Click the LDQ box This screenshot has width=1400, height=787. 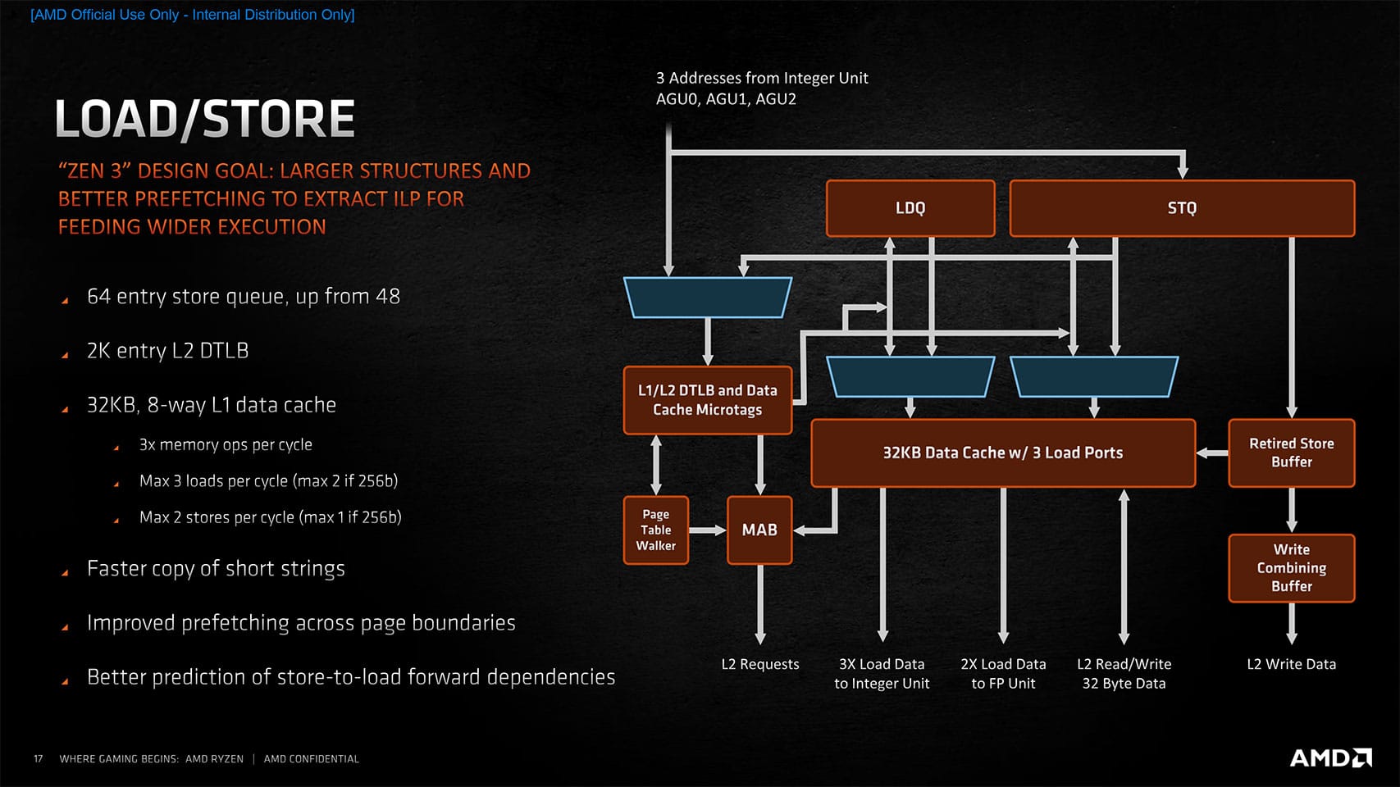(x=910, y=208)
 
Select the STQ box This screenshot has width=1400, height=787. (x=1181, y=208)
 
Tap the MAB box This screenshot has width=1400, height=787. (x=759, y=530)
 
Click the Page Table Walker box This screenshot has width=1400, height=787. (x=655, y=530)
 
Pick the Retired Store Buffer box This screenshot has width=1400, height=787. (x=1291, y=453)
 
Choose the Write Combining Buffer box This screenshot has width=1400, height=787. (x=1291, y=568)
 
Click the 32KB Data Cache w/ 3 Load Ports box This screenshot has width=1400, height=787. (x=1002, y=453)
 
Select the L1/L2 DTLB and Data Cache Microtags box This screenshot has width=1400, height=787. (x=707, y=400)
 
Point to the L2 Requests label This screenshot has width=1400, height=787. (x=759, y=664)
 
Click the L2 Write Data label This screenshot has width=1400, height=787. (x=1291, y=664)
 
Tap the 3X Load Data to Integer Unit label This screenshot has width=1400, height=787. (x=882, y=673)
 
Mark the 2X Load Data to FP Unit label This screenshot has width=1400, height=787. (x=1003, y=673)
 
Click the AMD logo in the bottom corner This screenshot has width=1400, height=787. (x=1330, y=757)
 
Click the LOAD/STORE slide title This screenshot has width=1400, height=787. (x=205, y=119)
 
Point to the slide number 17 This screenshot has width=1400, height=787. (x=38, y=759)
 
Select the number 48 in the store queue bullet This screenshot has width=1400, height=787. (x=387, y=296)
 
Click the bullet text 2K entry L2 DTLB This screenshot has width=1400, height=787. (x=167, y=351)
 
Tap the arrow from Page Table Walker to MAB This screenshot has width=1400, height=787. (x=707, y=530)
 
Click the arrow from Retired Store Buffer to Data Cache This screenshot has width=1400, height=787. (x=1211, y=453)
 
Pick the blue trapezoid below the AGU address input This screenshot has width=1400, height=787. (x=707, y=297)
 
